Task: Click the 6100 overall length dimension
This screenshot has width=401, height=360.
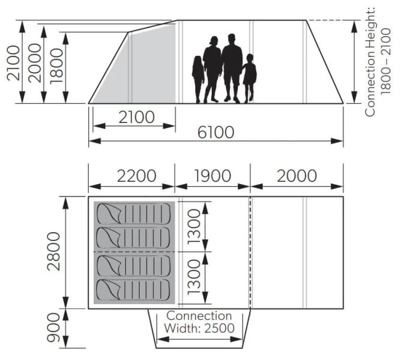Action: point(216,133)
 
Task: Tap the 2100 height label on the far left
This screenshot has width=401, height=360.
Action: point(15,62)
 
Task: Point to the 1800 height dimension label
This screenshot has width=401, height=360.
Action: point(58,67)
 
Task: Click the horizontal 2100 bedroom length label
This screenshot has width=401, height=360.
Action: point(136,118)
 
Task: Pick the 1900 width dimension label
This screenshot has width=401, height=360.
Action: point(213,176)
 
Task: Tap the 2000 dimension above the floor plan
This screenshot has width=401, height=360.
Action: point(297,176)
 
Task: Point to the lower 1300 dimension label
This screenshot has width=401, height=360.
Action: point(194,277)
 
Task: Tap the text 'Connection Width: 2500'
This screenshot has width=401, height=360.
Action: point(199,322)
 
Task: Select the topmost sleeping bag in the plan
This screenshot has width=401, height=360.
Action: point(133,213)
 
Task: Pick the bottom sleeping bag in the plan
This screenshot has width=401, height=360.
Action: point(133,290)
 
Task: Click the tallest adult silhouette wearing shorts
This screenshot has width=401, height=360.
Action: point(232,67)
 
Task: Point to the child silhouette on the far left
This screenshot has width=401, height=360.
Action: point(198,79)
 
